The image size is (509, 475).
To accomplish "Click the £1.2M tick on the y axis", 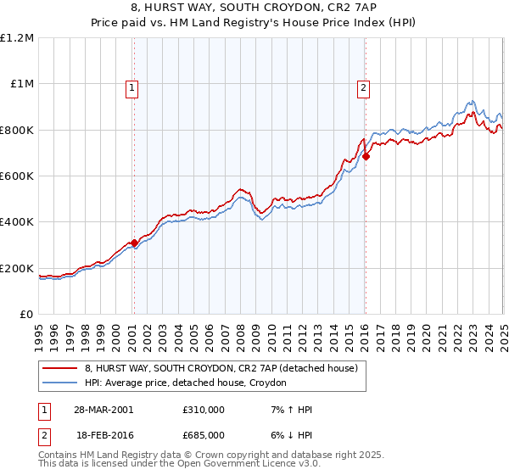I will (17, 38).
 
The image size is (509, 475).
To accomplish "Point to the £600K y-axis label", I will (17, 176).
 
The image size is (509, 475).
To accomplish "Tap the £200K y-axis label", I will (17, 269).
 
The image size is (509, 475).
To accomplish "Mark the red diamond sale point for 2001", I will (134, 243).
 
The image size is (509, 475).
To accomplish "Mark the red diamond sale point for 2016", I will (366, 156).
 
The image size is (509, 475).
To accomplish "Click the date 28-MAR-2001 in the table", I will (103, 410).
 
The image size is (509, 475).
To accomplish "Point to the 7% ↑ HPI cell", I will (289, 410).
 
